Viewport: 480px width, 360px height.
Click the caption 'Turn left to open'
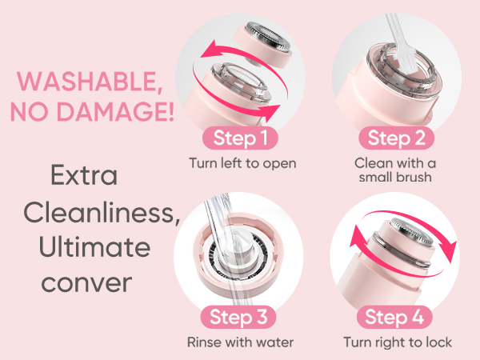coord(242,164)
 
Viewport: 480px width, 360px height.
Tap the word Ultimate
coord(94,248)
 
